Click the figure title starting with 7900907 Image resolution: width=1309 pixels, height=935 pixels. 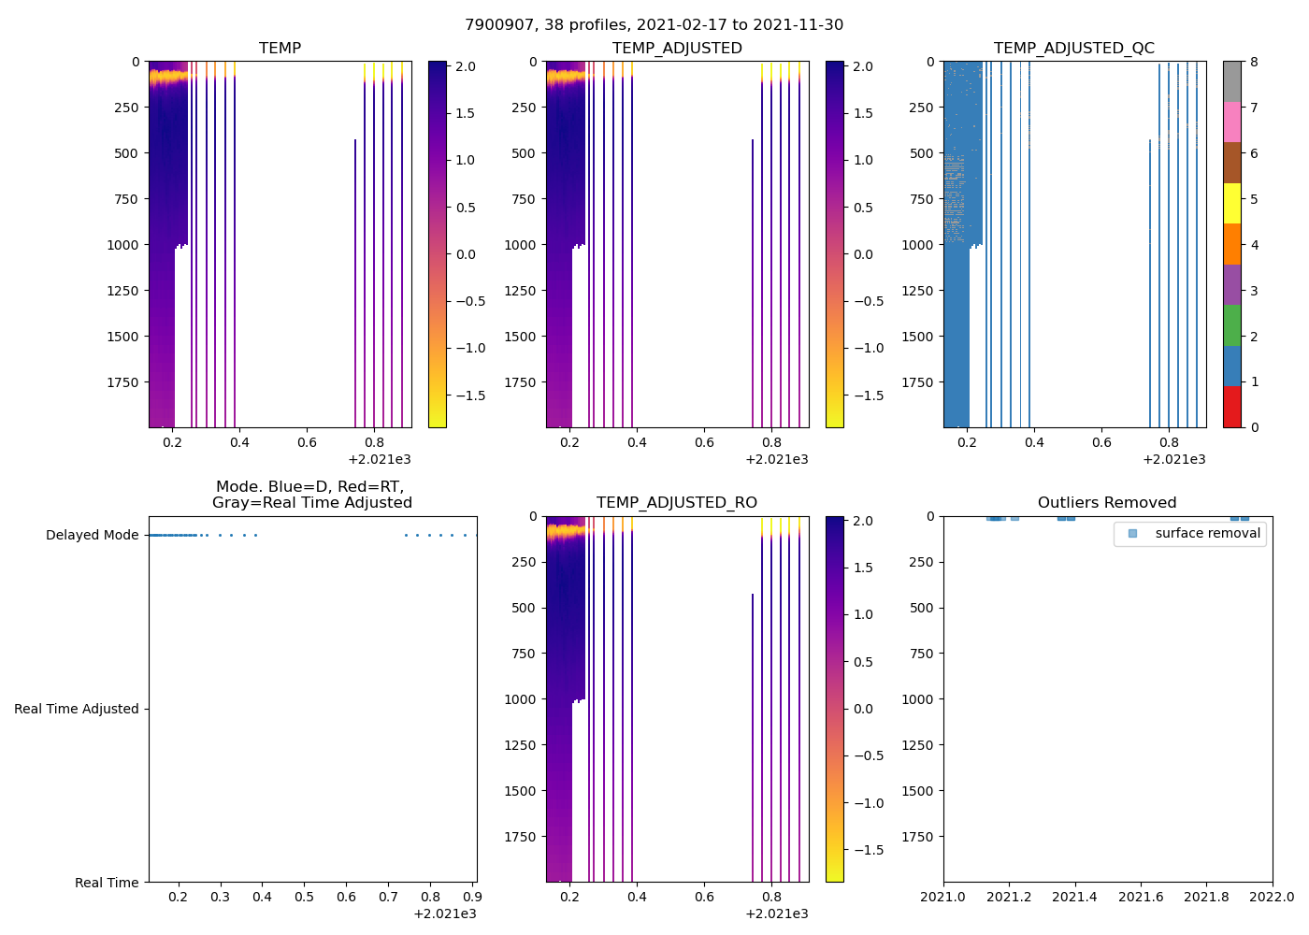click(x=654, y=25)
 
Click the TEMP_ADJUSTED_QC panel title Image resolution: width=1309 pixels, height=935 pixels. click(x=1073, y=48)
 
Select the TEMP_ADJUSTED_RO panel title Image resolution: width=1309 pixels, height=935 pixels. click(x=676, y=503)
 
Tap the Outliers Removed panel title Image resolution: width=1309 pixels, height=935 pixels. click(x=1107, y=503)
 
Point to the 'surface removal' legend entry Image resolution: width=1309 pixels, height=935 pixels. click(x=1207, y=534)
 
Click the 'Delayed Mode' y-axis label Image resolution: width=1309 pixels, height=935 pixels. click(x=92, y=536)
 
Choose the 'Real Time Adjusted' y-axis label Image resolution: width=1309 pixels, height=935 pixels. click(x=76, y=710)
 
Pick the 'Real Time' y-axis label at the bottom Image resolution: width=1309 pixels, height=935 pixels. click(x=107, y=884)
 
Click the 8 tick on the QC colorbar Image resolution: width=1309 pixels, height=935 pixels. click(x=1254, y=62)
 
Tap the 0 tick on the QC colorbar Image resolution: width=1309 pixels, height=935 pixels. click(x=1254, y=427)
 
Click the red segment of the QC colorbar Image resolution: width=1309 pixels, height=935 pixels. click(x=1232, y=408)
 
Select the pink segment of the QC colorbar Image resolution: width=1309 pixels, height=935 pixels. click(x=1232, y=122)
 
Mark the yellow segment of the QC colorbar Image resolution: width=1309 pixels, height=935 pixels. click(x=1232, y=204)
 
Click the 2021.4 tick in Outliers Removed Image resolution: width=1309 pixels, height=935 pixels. click(x=1074, y=898)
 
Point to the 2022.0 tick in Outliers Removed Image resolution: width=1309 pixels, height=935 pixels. click(x=1273, y=898)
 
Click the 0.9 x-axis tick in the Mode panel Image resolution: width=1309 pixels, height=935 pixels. click(x=472, y=898)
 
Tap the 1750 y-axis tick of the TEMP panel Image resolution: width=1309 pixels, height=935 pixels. click(x=122, y=382)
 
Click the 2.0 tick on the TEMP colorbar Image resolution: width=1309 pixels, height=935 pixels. click(x=465, y=66)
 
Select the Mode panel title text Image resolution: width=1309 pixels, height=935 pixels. click(x=311, y=495)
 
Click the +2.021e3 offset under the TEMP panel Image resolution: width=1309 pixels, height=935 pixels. click(x=379, y=460)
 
